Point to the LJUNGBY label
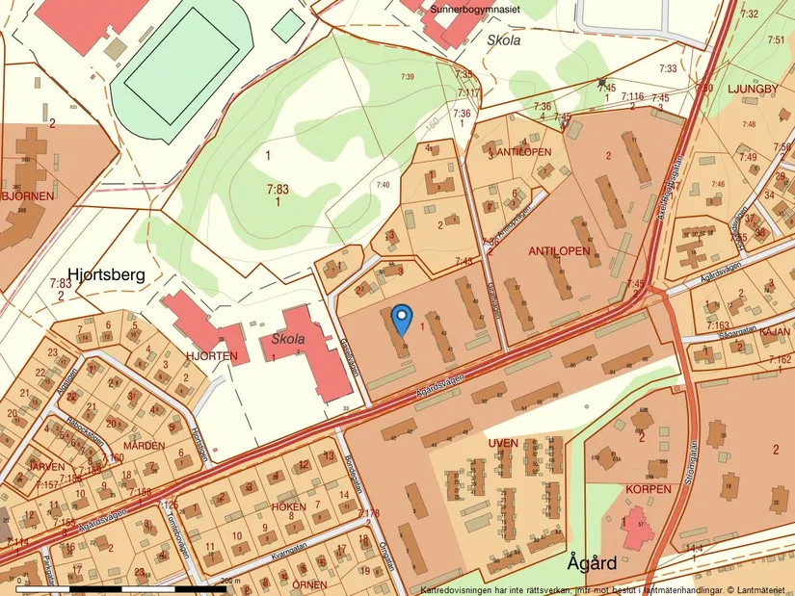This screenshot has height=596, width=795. [757, 86]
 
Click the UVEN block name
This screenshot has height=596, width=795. [503, 443]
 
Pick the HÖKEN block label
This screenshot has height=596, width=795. [289, 505]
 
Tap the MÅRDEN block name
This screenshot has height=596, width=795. [143, 448]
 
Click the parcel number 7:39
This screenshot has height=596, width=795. [407, 77]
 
